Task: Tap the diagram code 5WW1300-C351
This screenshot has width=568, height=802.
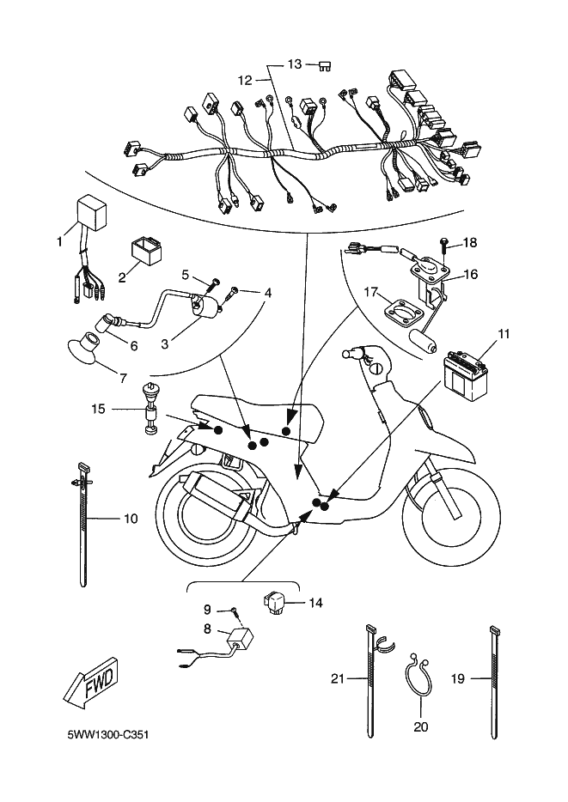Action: (x=108, y=735)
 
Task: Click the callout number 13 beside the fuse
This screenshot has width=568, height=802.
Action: (x=295, y=64)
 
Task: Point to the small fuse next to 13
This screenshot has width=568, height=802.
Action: (x=325, y=65)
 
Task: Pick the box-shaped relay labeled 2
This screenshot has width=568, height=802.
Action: (x=145, y=250)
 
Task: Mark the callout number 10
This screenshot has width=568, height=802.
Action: (x=131, y=519)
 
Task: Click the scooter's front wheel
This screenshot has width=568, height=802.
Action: (x=451, y=517)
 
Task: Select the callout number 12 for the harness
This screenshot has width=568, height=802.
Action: (x=246, y=81)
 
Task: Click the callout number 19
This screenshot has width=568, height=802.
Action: (x=457, y=678)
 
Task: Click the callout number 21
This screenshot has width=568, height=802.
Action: (x=338, y=678)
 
